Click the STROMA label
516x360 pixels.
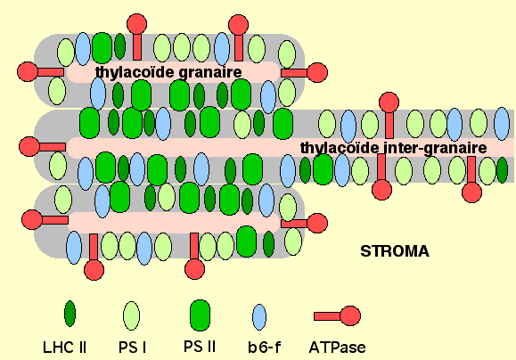pyautogui.click(x=395, y=251)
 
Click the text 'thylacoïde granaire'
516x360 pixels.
pyautogui.click(x=168, y=72)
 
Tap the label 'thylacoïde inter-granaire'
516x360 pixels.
pyautogui.click(x=394, y=148)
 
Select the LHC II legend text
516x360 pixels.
pyautogui.click(x=64, y=348)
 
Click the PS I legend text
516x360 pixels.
pyautogui.click(x=132, y=348)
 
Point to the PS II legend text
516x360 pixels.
pyautogui.click(x=200, y=347)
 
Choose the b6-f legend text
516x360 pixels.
pyautogui.click(x=265, y=348)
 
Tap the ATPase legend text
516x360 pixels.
pyautogui.click(x=337, y=348)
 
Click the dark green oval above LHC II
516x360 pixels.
pyautogui.click(x=70, y=314)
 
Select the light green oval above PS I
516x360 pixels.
pyautogui.click(x=131, y=316)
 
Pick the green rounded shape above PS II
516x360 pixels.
pyautogui.click(x=201, y=315)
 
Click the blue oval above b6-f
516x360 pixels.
pyautogui.click(x=259, y=317)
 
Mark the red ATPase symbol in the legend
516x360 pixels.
pyautogui.click(x=337, y=316)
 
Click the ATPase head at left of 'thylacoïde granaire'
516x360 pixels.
pyautogui.click(x=28, y=71)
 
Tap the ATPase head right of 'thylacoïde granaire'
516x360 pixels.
pyautogui.click(x=317, y=72)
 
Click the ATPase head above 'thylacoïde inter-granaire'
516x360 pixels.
pyautogui.click(x=389, y=102)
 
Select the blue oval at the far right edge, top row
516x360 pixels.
pyautogui.click(x=502, y=124)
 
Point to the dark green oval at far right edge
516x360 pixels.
pyautogui.click(x=502, y=170)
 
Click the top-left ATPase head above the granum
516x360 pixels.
pyautogui.click(x=137, y=24)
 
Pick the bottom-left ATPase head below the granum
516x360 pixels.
pyautogui.click(x=94, y=270)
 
